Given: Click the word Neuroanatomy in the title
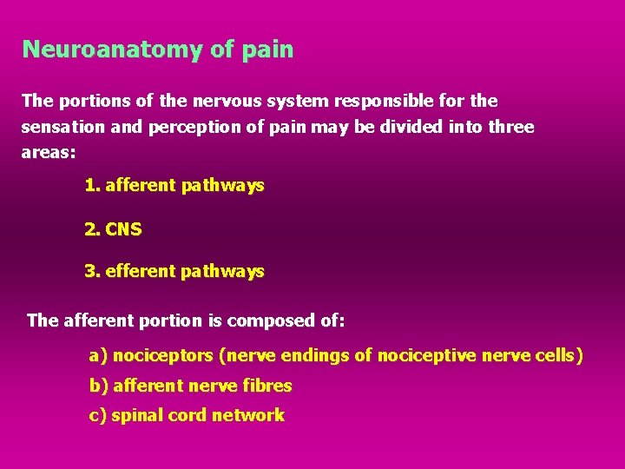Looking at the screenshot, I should pyautogui.click(x=113, y=50).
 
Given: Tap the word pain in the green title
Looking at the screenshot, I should pyautogui.click(x=268, y=50).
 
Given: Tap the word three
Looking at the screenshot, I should pyautogui.click(x=511, y=128).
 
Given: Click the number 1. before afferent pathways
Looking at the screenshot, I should pyautogui.click(x=92, y=185).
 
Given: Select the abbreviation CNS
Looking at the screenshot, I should pyautogui.click(x=123, y=230).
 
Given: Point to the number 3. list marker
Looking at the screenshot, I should pyautogui.click(x=92, y=272).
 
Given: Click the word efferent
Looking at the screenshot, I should pyautogui.click(x=140, y=272).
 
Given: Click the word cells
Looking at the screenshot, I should pyautogui.click(x=558, y=356).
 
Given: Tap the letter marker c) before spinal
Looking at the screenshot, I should pyautogui.click(x=98, y=415).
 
